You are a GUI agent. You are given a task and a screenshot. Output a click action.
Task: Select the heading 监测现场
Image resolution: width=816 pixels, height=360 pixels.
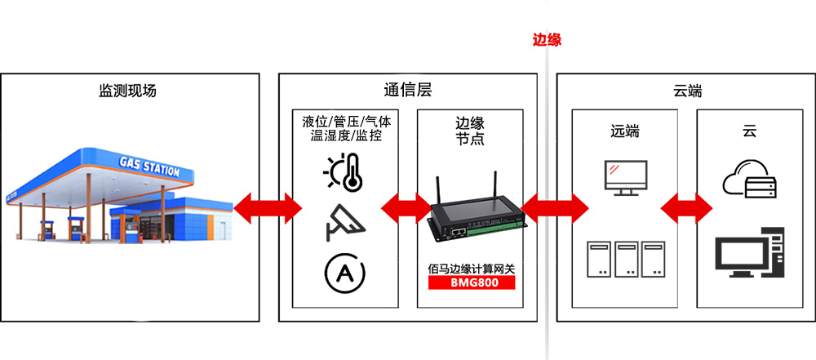coord(127,91)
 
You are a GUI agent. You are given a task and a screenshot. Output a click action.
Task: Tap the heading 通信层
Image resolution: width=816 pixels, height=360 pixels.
coord(407,91)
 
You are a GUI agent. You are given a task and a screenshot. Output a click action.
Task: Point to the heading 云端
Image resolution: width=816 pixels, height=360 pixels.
coord(688,91)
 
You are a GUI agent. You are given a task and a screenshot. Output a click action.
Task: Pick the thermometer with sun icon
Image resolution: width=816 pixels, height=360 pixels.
coord(342,171)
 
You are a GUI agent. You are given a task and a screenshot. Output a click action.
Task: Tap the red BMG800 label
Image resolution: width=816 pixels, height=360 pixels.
coord(472,283)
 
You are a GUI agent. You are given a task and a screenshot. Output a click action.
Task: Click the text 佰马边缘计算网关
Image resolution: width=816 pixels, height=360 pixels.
coord(472,268)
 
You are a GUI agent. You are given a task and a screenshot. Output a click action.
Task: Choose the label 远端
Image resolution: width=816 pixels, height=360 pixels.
coord(625,131)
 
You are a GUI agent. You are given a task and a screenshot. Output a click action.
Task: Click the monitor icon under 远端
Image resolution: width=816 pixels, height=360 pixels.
coord(625,177)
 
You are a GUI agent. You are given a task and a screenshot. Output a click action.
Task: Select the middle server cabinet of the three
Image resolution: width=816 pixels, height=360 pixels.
coord(627,259)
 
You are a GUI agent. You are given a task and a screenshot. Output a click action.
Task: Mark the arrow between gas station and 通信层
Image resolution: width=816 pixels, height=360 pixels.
coord(267,209)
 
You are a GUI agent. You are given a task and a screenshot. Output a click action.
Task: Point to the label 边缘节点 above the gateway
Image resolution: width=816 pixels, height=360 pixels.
coord(470,131)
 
